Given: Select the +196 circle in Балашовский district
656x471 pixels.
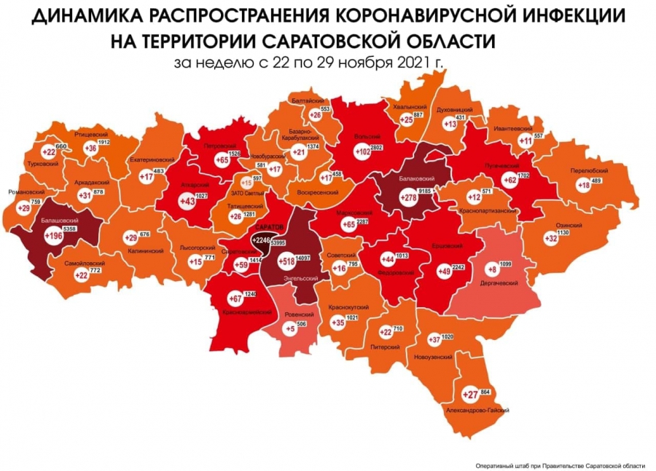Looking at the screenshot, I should (x=53, y=236).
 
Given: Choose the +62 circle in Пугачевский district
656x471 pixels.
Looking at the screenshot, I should (x=509, y=179).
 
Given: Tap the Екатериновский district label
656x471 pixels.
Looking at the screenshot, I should (x=152, y=159).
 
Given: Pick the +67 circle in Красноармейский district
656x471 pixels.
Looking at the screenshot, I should (x=235, y=299).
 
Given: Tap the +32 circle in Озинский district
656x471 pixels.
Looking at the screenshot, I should (x=550, y=237).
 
